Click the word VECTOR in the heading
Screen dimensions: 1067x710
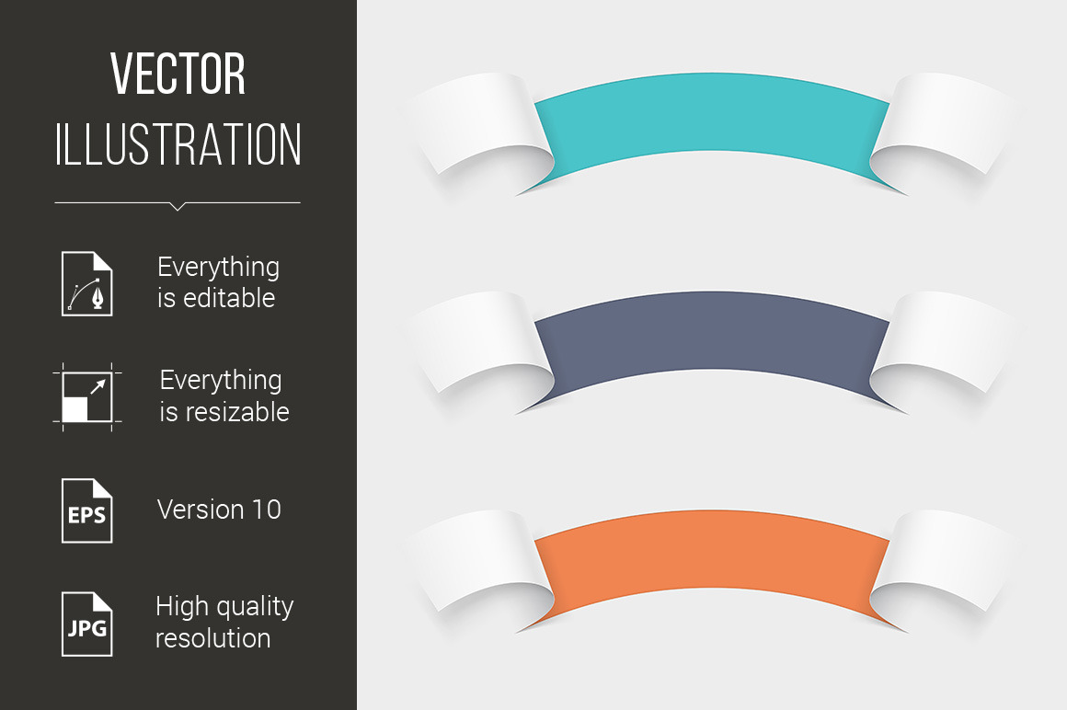(178, 74)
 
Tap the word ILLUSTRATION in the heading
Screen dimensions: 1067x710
(178, 144)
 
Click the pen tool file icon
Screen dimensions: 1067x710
(87, 283)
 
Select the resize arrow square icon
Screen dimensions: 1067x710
(87, 397)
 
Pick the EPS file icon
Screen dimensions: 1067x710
(87, 510)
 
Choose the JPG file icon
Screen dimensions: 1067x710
(87, 624)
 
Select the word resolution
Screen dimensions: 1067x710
(213, 638)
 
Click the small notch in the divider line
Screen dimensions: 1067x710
(178, 206)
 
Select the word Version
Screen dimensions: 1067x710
(201, 510)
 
